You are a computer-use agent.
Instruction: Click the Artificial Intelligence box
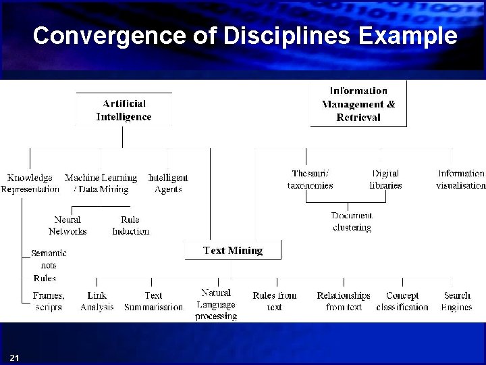tap(124, 110)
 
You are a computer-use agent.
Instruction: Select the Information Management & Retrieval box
tap(358, 104)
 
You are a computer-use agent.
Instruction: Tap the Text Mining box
tap(233, 251)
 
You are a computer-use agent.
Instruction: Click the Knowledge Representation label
tap(30, 184)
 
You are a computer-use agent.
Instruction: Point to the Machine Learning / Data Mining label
tap(101, 184)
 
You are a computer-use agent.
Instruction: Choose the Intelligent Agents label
tap(168, 184)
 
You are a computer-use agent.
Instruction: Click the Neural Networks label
tap(67, 225)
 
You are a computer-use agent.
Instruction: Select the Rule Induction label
tap(130, 225)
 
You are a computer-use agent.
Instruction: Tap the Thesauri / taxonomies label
tap(310, 179)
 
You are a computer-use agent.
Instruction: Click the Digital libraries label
tap(385, 179)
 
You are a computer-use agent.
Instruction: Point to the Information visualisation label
tap(461, 179)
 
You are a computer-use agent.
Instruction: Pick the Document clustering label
tap(352, 222)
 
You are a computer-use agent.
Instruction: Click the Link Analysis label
tap(97, 301)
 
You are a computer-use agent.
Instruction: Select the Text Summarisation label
tap(153, 301)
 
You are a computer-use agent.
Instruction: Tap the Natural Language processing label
tap(216, 304)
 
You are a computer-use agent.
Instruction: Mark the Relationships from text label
tap(344, 301)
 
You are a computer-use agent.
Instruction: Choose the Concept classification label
tap(402, 301)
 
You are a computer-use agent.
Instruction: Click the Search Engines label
tap(457, 301)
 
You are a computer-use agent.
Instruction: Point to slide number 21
tap(15, 357)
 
